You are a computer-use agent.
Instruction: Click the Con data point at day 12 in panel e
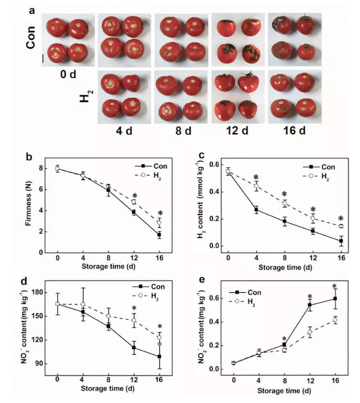click(x=310, y=305)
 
